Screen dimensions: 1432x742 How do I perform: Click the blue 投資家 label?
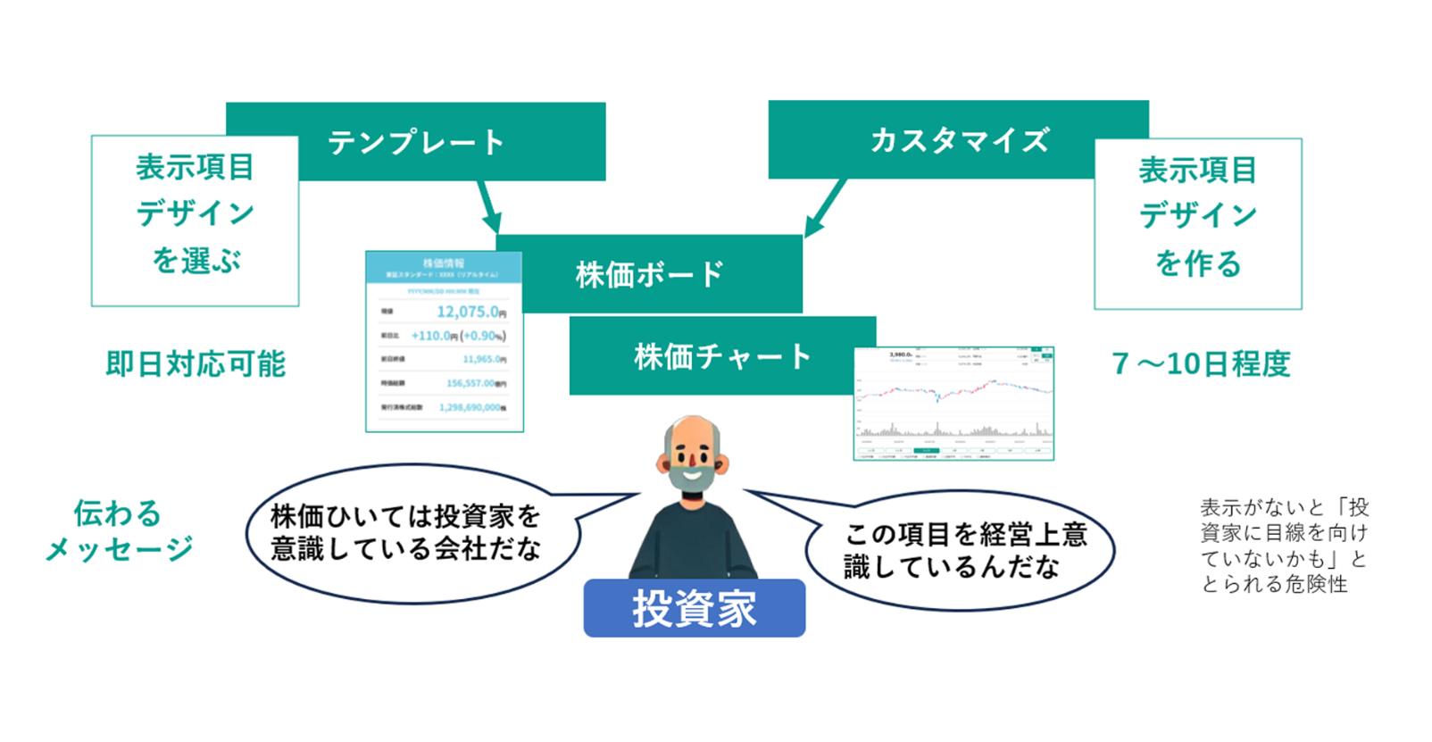(x=694, y=608)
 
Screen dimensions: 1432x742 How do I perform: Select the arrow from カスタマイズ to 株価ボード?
(x=825, y=208)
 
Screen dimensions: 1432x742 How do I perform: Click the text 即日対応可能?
(x=196, y=364)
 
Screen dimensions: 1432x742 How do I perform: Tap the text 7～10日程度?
(x=1201, y=364)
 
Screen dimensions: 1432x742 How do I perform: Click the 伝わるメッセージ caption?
(x=119, y=530)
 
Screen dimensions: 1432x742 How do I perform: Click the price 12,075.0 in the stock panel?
(x=468, y=312)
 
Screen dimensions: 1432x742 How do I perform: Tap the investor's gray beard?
(x=692, y=478)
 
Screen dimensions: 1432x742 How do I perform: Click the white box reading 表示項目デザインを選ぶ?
(x=195, y=221)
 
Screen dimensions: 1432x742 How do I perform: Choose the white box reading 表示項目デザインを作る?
(x=1197, y=223)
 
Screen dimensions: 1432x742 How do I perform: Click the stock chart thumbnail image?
(x=953, y=404)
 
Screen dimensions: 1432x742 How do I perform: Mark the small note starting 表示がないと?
(x=1284, y=546)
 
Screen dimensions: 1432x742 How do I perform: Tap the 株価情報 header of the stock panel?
(x=444, y=263)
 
